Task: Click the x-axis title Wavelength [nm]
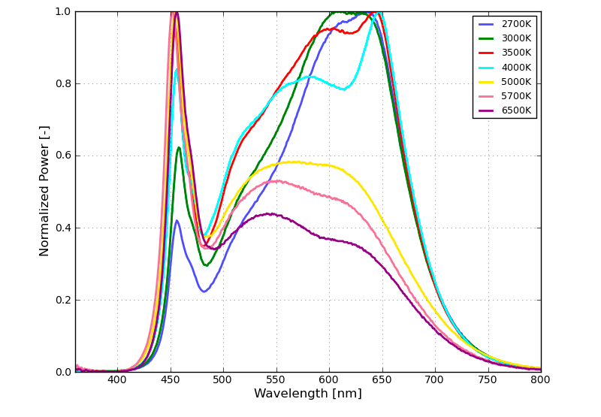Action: pos(307,394)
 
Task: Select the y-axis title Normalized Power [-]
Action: pos(45,191)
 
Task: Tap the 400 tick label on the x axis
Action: pos(117,379)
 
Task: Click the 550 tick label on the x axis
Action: pos(276,379)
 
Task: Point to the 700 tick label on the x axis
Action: pos(435,379)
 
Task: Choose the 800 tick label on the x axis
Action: pos(540,379)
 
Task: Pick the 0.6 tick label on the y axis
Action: pos(60,156)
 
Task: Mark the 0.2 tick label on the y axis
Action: pos(60,300)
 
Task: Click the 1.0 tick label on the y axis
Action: pos(60,11)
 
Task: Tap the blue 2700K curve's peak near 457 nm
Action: pos(177,220)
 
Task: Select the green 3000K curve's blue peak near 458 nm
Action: pos(179,147)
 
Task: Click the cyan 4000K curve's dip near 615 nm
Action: pos(344,89)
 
